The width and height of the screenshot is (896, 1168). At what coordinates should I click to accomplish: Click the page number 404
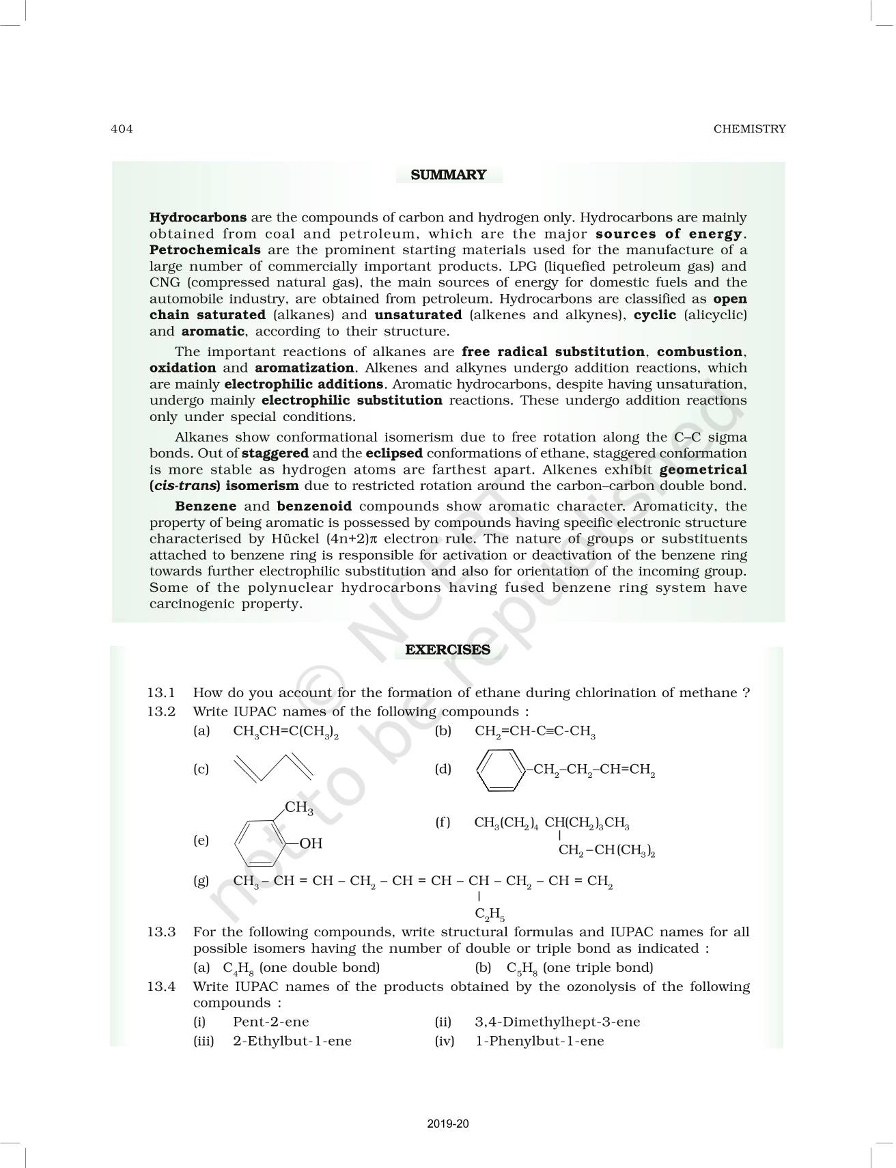(122, 129)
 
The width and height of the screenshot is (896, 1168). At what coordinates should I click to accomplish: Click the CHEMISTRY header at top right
(749, 129)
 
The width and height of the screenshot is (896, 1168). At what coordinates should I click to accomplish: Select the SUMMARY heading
(449, 175)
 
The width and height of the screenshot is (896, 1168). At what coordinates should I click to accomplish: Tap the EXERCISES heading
(447, 650)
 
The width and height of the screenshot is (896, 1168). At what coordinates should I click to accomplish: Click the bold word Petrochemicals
(205, 250)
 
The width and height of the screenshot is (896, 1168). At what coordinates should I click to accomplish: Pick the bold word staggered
(275, 453)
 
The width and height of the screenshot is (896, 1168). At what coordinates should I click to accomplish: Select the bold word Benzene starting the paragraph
(206, 506)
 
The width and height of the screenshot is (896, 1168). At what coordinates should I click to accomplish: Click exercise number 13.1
(161, 693)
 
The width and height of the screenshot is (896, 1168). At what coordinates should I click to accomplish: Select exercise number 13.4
(161, 987)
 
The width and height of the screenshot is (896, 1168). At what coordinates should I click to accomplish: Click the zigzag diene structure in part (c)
(273, 768)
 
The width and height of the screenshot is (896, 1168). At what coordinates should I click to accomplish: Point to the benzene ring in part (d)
(499, 770)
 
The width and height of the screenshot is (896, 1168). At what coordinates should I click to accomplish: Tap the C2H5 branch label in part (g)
(490, 914)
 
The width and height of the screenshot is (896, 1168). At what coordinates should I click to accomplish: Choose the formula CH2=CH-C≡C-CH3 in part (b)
(535, 732)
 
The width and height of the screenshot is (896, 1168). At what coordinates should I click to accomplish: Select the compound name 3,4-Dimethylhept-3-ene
(557, 1022)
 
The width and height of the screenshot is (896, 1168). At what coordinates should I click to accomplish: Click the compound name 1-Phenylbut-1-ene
(540, 1042)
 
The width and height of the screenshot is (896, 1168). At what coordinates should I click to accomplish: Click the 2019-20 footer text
(448, 1124)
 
